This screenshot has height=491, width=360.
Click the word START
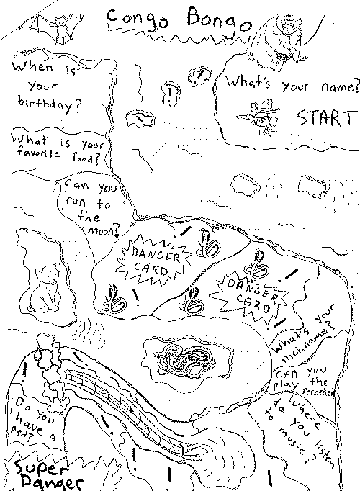pyautogui.click(x=326, y=118)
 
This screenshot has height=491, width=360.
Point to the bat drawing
pyautogui.click(x=53, y=28)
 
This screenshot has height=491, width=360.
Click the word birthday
pyautogui.click(x=50, y=104)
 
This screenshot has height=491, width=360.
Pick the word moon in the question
pyautogui.click(x=103, y=230)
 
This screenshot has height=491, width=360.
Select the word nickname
pyautogui.click(x=308, y=343)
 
